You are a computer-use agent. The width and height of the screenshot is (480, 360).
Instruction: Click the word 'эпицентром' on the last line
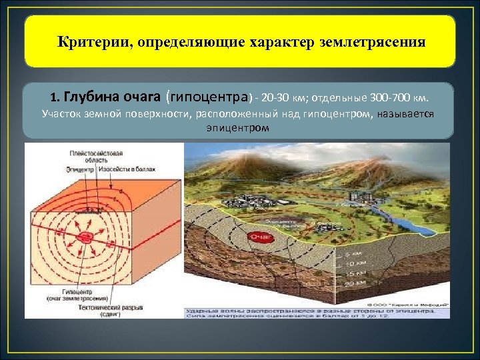(x=239, y=126)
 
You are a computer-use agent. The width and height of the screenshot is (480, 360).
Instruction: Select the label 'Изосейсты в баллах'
(x=126, y=169)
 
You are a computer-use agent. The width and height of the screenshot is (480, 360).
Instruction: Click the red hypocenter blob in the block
(x=85, y=238)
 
